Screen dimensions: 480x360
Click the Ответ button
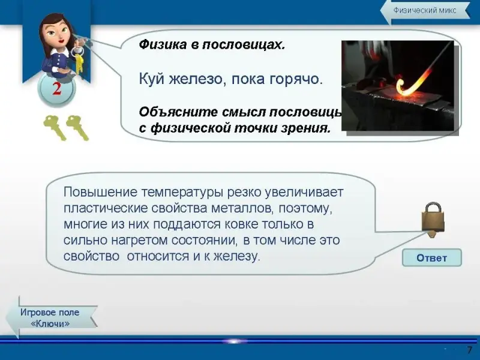[x=431, y=258]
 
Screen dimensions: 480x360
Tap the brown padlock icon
[x=433, y=218]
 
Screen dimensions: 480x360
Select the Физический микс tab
[x=425, y=11]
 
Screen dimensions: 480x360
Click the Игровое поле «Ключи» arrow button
[x=50, y=317]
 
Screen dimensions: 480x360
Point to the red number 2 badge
[x=57, y=89]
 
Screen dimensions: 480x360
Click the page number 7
[x=469, y=350]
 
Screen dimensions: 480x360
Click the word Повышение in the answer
[x=100, y=193]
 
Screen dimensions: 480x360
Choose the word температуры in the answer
[x=182, y=193]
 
